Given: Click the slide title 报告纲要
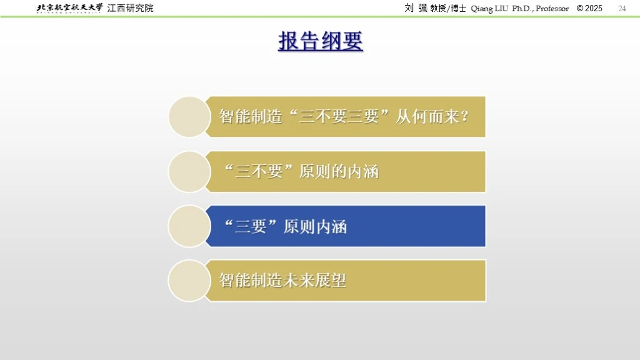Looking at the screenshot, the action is tap(321, 41).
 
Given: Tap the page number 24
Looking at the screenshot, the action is tap(622, 9).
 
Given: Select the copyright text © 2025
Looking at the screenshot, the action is tap(589, 8).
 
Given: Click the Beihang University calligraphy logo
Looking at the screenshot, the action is tap(69, 8).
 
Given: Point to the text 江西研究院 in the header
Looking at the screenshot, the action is tap(130, 8).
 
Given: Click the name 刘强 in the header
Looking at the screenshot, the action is tap(416, 7).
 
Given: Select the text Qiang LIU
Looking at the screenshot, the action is tap(489, 9).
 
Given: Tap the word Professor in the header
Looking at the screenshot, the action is tap(552, 9).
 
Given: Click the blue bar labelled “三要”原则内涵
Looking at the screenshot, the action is tap(345, 226).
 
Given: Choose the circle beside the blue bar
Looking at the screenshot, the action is tap(189, 226).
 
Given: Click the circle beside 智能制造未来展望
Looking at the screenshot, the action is tap(189, 281).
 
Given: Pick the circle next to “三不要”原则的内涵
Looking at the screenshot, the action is tap(189, 171).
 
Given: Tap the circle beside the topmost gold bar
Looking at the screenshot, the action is tap(189, 117).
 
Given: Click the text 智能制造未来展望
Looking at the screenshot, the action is tap(282, 281).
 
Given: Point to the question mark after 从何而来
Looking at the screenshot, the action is tap(464, 117).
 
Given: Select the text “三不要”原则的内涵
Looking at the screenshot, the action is tap(302, 171).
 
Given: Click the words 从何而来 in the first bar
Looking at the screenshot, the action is tap(427, 117).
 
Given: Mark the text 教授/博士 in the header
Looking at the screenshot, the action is tap(448, 8).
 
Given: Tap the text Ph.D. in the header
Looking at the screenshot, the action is tap(522, 9).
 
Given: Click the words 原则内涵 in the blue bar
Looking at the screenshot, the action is tap(315, 226).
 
